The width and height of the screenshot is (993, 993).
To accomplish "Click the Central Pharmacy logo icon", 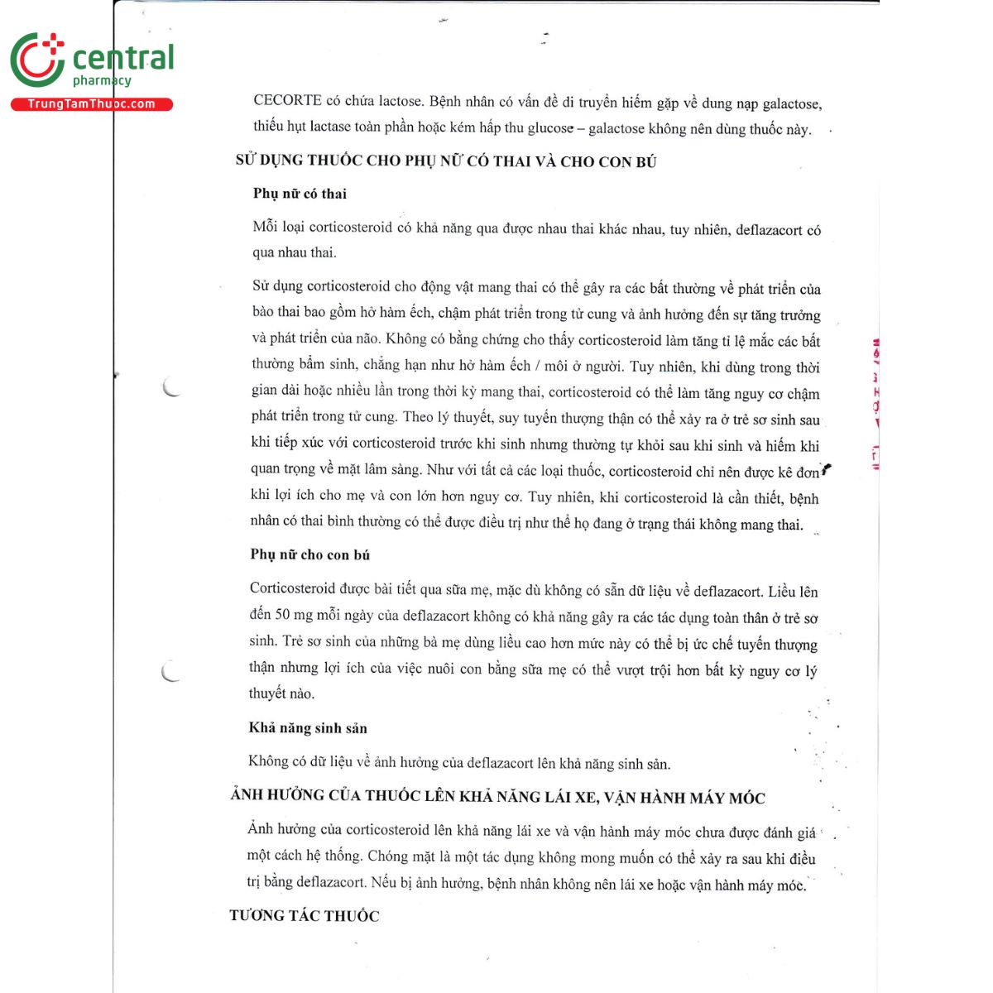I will point(37,60).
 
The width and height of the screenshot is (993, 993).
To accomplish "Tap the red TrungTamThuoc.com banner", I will point(91,104).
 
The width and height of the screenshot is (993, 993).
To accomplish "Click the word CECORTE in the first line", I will point(287,101).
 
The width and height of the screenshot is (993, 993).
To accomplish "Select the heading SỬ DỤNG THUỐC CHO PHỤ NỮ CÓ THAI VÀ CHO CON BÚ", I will point(446,161).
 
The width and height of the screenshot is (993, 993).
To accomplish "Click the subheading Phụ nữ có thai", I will point(300,194).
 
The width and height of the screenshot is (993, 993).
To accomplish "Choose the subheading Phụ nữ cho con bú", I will point(309,554).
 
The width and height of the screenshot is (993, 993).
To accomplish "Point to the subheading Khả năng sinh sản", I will point(307,728).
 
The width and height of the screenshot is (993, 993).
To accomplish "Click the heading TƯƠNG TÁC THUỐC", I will point(305,916).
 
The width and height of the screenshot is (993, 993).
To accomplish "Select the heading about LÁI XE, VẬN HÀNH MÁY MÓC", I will point(497,798).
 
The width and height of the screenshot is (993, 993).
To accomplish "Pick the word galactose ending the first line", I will point(791,104).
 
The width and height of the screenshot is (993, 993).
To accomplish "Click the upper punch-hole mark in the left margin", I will point(171,386).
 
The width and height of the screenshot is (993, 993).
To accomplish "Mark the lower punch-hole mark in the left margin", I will point(170,672).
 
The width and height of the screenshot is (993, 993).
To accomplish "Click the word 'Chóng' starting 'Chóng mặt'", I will point(388,856).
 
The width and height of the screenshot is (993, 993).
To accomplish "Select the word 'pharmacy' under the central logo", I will point(102,81).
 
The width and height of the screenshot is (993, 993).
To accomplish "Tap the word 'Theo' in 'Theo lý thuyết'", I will point(418,417).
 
